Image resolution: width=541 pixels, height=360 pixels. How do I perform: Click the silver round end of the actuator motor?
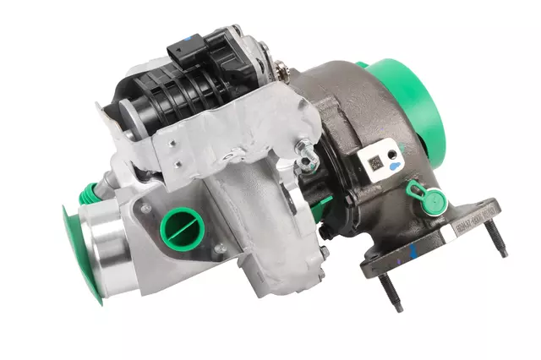pos(127,117)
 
